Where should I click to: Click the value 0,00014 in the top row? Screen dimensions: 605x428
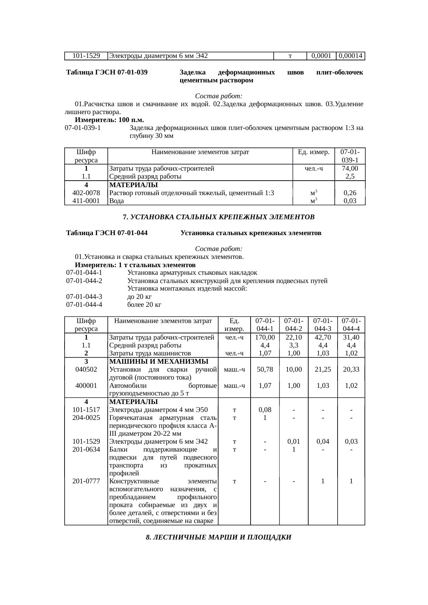click(350, 56)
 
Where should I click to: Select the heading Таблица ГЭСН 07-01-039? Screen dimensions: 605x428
click(107, 72)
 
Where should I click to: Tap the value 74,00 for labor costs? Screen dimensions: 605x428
click(350, 169)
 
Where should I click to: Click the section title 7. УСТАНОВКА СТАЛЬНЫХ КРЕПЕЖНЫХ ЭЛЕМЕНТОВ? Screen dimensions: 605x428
click(219, 217)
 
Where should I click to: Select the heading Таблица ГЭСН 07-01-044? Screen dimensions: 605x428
click(107, 233)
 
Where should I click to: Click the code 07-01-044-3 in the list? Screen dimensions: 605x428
click(84, 296)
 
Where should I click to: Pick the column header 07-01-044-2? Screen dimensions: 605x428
click(293, 324)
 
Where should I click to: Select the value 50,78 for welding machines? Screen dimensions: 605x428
click(265, 369)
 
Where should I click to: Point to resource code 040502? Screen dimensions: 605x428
click(86, 369)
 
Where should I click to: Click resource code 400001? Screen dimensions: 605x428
click(86, 385)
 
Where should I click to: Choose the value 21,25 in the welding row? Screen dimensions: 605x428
click(322, 369)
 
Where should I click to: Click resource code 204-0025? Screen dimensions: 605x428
click(86, 417)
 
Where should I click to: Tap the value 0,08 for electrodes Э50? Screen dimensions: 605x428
click(265, 410)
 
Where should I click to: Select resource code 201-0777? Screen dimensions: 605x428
click(86, 481)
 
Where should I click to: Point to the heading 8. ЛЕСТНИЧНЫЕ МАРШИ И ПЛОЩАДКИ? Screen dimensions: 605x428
click(219, 537)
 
